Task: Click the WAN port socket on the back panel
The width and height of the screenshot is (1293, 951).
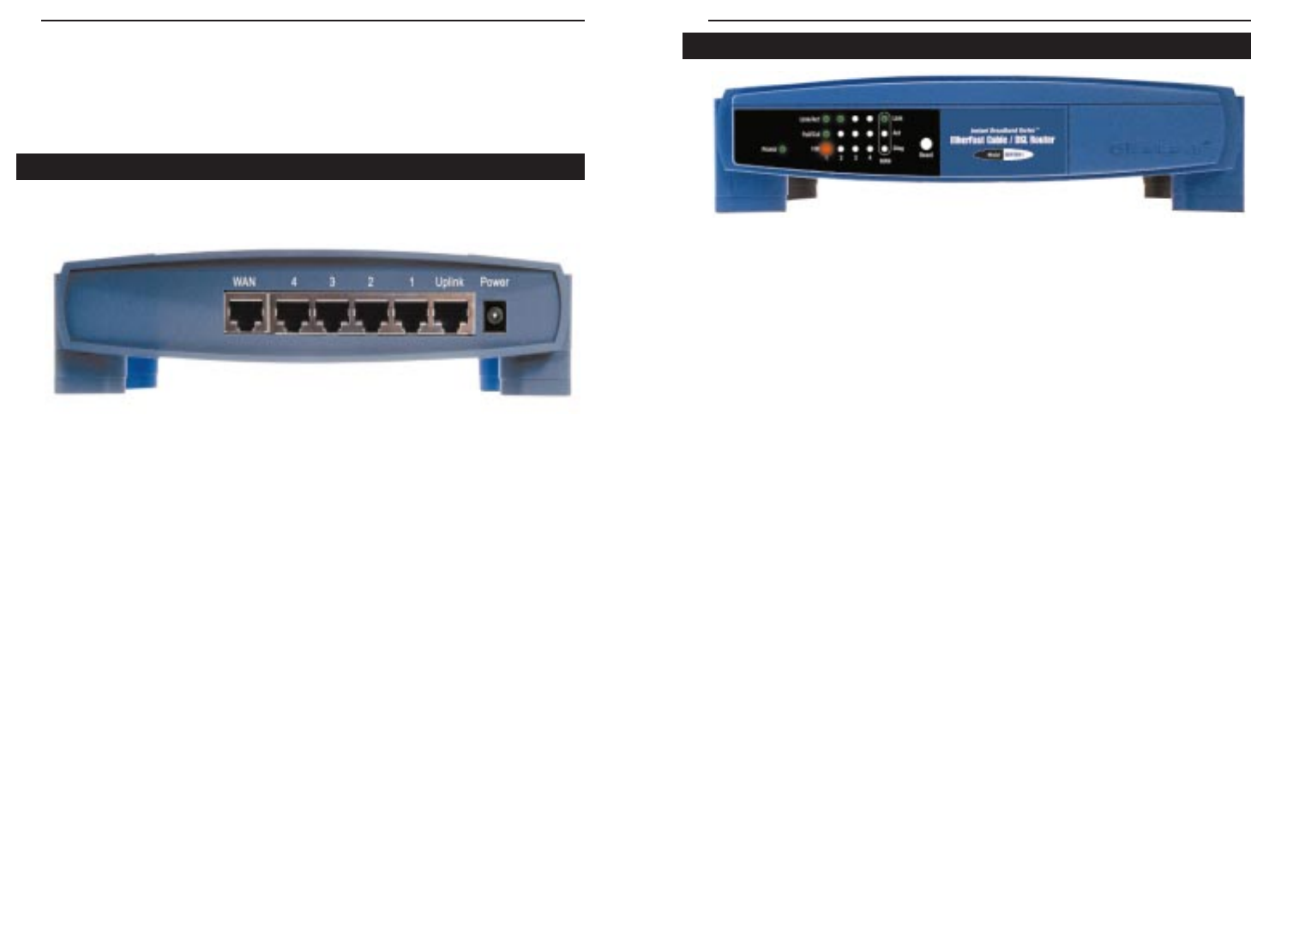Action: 244,314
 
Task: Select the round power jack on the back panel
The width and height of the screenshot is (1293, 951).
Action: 494,316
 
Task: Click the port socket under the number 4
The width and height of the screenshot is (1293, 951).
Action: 293,314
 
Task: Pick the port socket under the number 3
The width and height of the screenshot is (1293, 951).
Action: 333,314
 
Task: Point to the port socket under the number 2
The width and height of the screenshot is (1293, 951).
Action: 372,314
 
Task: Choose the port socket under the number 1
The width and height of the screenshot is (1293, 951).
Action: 412,314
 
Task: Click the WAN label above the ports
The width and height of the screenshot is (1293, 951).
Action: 244,282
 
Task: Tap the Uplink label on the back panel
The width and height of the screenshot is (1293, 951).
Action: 449,282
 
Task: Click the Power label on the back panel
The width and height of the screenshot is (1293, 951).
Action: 495,282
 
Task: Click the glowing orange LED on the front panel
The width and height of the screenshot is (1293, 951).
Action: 826,148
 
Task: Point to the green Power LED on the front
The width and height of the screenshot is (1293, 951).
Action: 783,149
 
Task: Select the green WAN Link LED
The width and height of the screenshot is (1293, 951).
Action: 884,118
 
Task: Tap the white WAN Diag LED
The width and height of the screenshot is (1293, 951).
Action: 884,148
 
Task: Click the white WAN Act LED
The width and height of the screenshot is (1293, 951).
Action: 884,134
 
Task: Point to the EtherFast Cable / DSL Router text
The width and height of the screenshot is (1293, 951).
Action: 1002,140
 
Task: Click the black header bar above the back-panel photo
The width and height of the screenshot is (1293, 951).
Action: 300,167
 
